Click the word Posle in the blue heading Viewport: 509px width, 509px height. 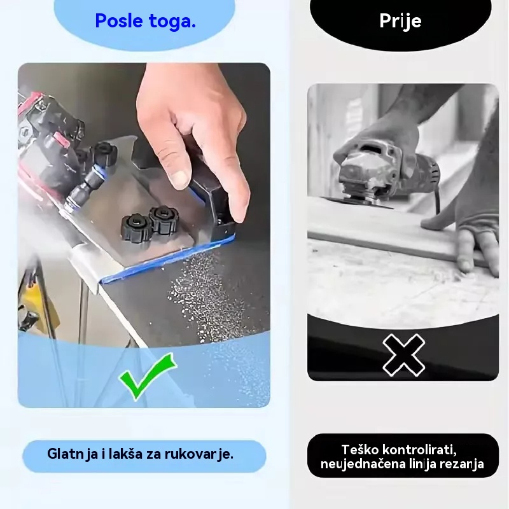pyautogui.click(x=119, y=20)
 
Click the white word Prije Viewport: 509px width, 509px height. pyautogui.click(x=400, y=21)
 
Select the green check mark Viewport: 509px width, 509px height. pyautogui.click(x=148, y=376)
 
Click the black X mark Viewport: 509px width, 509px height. pyautogui.click(x=403, y=355)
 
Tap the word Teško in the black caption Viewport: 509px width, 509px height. pyautogui.click(x=359, y=450)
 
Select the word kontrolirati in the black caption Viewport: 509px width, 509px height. pyautogui.click(x=419, y=450)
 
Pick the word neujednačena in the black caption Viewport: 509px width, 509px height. pyautogui.click(x=365, y=464)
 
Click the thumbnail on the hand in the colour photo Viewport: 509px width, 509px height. pyautogui.click(x=179, y=178)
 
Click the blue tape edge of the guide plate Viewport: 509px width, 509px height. pyautogui.click(x=167, y=260)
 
